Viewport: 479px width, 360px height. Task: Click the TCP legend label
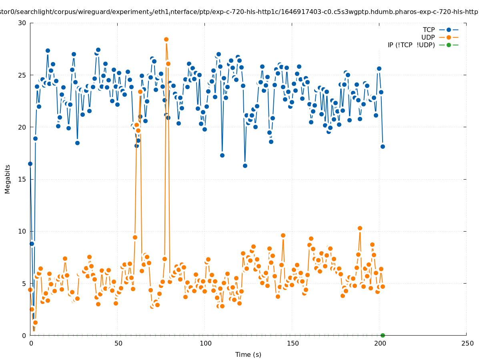[429, 30]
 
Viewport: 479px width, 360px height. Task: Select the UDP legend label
[428, 37]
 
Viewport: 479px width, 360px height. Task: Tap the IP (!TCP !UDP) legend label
[411, 45]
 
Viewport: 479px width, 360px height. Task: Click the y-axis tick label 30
[22, 23]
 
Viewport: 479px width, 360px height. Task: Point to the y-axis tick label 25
[22, 75]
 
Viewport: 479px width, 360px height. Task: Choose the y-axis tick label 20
[22, 127]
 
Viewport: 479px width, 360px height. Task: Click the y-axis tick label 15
[22, 179]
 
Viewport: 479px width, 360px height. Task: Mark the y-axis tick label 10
[22, 231]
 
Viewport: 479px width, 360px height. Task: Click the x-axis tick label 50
[118, 343]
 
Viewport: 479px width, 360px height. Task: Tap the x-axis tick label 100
[205, 343]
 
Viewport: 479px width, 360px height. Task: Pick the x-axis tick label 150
[293, 343]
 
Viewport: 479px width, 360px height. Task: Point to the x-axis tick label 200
[380, 343]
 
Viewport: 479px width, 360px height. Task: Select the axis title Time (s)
[248, 354]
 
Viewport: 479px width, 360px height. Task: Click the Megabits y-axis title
[8, 179]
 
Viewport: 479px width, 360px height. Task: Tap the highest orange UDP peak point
[166, 39]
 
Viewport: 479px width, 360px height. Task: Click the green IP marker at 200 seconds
[383, 335]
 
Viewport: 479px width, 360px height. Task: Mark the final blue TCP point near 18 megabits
[383, 146]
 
